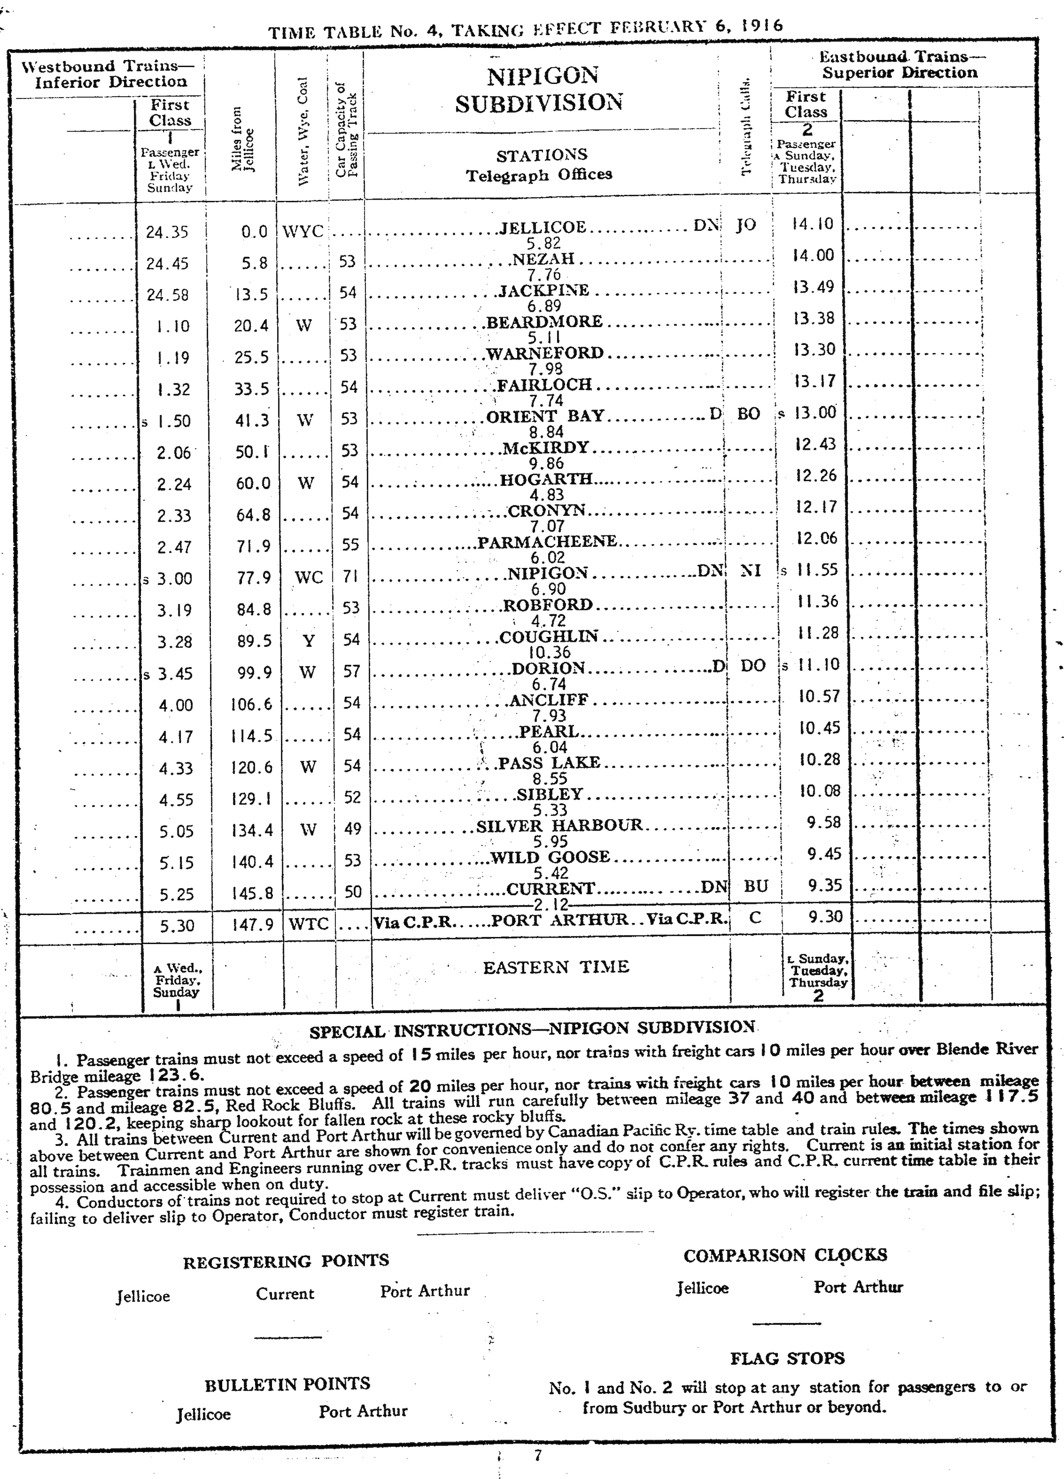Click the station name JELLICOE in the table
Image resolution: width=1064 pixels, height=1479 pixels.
(542, 228)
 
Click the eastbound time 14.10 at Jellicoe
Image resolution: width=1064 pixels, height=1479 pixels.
(812, 224)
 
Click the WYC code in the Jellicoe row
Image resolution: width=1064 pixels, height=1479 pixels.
(302, 232)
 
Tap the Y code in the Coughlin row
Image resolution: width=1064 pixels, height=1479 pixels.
(308, 641)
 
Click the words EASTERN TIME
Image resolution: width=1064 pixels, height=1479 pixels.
(556, 967)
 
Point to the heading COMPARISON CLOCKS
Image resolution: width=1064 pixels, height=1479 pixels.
(785, 1255)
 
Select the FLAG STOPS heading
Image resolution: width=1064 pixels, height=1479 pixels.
(787, 1358)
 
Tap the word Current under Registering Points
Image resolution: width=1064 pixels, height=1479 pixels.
(285, 1294)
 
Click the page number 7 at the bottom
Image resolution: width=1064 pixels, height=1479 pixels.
(538, 1455)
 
